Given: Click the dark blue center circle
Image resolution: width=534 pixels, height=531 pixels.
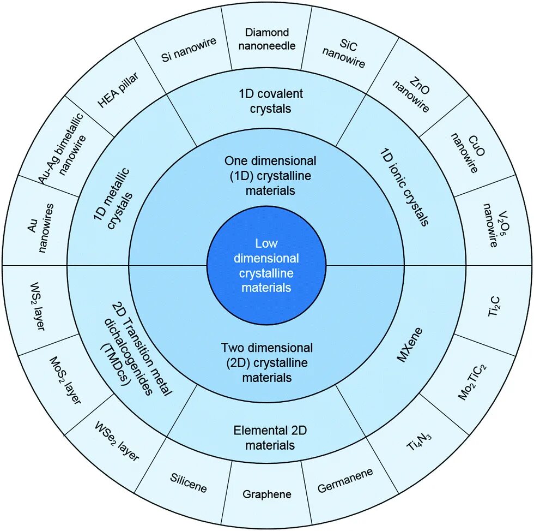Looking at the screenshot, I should [266, 265].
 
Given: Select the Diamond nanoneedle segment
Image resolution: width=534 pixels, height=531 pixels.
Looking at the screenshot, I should [267, 39].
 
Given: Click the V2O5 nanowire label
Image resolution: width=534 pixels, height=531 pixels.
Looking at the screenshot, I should [490, 225].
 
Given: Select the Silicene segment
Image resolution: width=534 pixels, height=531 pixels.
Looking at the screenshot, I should [188, 483].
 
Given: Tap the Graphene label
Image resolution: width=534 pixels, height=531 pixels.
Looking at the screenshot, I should [267, 494].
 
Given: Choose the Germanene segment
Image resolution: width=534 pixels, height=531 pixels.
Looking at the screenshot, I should [345, 480].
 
